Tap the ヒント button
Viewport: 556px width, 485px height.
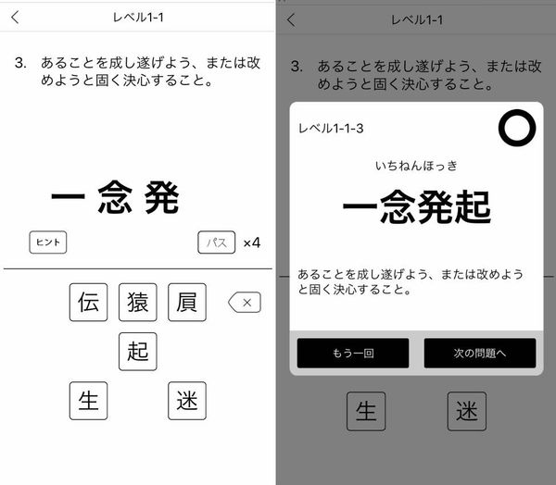tap(48, 242)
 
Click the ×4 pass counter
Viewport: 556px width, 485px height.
tap(252, 243)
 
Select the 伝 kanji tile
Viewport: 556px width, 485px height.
tap(88, 302)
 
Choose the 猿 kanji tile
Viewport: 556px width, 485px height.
tap(137, 302)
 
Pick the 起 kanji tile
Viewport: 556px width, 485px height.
tap(137, 352)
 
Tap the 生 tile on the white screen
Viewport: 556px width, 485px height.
tap(88, 401)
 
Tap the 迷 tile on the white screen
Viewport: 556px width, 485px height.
tap(187, 401)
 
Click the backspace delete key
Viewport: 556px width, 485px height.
tap(245, 302)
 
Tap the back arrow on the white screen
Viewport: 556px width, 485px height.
tap(15, 17)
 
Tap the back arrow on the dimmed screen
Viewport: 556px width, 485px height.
tap(291, 19)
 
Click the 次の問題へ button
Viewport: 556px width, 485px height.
tap(480, 353)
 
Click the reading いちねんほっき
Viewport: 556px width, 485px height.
tap(416, 166)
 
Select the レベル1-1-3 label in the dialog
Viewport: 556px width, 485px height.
tap(331, 129)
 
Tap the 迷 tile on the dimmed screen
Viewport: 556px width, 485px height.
tap(467, 411)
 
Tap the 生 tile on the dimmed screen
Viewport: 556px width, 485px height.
tap(366, 411)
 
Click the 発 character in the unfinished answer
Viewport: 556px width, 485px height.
tap(161, 197)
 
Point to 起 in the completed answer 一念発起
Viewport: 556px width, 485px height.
tap(473, 207)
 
